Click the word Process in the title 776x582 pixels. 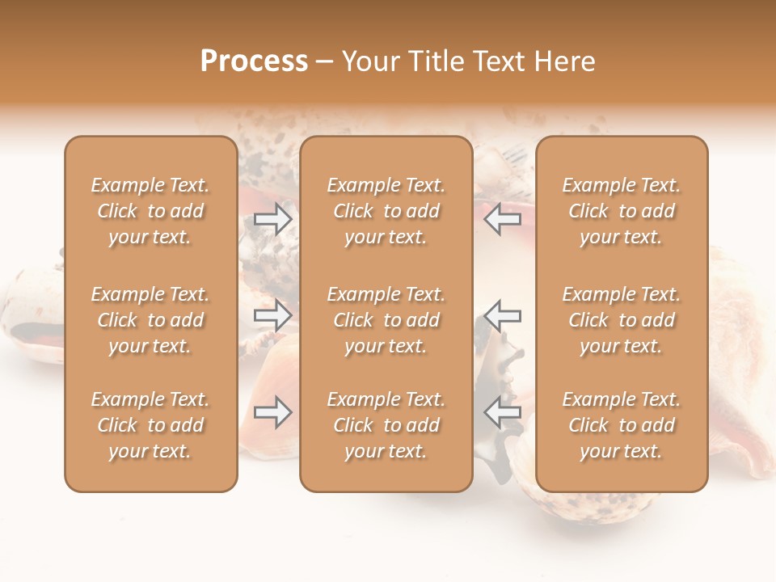pos(254,61)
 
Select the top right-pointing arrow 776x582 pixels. pos(273,218)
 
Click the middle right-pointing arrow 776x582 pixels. pos(273,315)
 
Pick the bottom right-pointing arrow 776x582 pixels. pos(273,412)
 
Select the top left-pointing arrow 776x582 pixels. pos(502,218)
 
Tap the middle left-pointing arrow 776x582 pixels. pos(502,315)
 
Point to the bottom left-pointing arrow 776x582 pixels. pos(502,412)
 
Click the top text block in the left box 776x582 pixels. pos(150,211)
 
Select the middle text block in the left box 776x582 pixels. pos(150,320)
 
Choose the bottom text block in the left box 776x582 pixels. pos(150,425)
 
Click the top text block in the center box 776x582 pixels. pos(386,211)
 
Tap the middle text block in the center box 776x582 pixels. pos(386,320)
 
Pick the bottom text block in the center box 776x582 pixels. pos(386,425)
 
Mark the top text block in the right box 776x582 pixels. pos(621,211)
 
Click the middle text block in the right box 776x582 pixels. pos(621,320)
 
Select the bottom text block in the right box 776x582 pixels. pos(621,425)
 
